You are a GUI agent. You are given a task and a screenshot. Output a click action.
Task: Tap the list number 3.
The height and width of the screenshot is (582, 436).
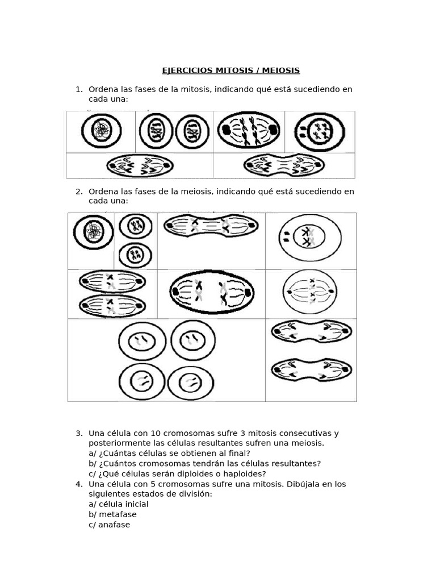79,433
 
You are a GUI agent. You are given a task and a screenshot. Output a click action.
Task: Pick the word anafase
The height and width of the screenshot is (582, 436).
114,525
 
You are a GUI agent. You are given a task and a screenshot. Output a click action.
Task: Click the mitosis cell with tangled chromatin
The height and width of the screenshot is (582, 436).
101,131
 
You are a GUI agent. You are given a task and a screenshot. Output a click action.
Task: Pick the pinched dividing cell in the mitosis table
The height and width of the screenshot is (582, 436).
284,166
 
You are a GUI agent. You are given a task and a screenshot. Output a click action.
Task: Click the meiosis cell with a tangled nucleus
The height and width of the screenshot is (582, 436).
93,232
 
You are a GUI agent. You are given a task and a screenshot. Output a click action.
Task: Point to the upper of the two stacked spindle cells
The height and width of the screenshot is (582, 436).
112,282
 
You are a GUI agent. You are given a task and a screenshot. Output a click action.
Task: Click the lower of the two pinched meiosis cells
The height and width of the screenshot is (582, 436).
311,369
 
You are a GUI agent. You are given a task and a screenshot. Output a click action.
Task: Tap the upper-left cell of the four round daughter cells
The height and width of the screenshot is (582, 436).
142,341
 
